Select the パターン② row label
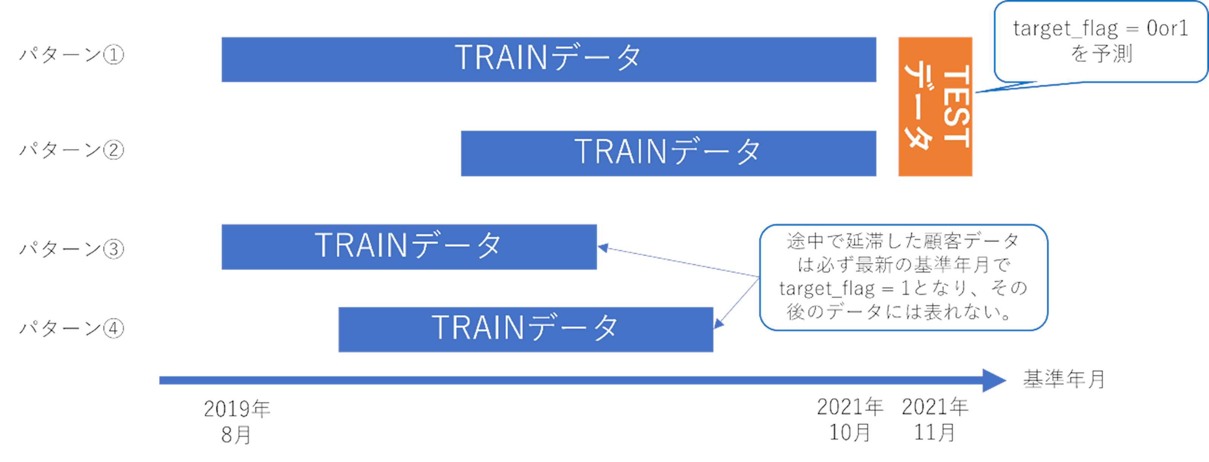[71, 150]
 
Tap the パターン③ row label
[71, 249]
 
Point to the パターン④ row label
[71, 328]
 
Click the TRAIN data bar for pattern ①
[548, 60]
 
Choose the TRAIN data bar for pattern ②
[668, 153]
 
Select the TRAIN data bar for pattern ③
[409, 247]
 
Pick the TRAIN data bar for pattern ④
[525, 329]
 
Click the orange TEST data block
[935, 107]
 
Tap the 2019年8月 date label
[237, 422]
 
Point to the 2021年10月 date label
[850, 419]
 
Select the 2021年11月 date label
[934, 419]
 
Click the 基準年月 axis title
[1064, 379]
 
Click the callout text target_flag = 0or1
[1100, 29]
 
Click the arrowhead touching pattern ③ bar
[603, 248]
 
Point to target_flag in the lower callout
[826, 288]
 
